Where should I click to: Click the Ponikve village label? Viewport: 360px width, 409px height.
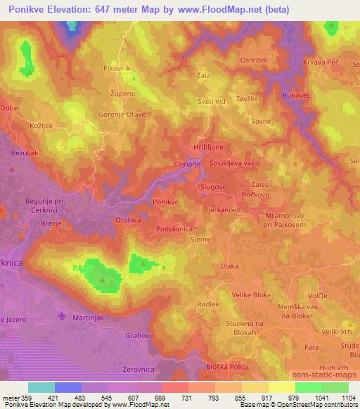click(165, 202)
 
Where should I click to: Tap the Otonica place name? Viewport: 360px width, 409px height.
click(127, 220)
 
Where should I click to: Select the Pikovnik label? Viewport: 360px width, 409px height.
click(116, 68)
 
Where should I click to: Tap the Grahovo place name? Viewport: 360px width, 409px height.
click(139, 336)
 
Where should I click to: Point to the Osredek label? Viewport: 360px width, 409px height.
click(254, 60)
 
